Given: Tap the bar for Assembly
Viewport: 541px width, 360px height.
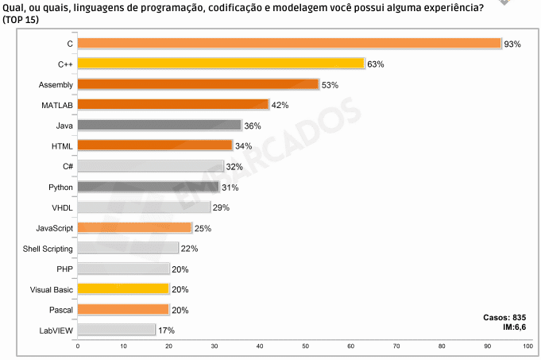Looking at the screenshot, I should pyautogui.click(x=198, y=84).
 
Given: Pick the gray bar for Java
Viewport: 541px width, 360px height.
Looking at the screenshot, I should pyautogui.click(x=159, y=126).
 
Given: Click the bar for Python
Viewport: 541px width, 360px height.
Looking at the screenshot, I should pyautogui.click(x=148, y=187).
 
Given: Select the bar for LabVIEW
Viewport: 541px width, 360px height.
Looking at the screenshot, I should pyautogui.click(x=116, y=330).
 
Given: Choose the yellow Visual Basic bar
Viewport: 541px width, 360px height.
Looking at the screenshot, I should pyautogui.click(x=123, y=289).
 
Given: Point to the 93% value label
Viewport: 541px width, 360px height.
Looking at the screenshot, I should pyautogui.click(x=512, y=45).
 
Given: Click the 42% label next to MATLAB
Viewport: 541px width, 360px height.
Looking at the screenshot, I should pyautogui.click(x=280, y=105).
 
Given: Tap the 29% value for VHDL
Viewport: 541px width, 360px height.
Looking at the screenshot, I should pyautogui.click(x=221, y=207).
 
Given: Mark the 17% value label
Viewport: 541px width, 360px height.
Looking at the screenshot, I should pyautogui.click(x=165, y=330).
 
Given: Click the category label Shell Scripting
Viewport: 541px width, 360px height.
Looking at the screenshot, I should pyautogui.click(x=48, y=249).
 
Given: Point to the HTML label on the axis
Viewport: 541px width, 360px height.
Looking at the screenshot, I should pyautogui.click(x=62, y=146).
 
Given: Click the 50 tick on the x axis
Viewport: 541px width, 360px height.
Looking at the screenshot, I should pyautogui.click(x=306, y=346).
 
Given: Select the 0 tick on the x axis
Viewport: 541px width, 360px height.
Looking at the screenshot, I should pyautogui.click(x=78, y=346).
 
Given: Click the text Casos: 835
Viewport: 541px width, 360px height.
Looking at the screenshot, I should pyautogui.click(x=504, y=317).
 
